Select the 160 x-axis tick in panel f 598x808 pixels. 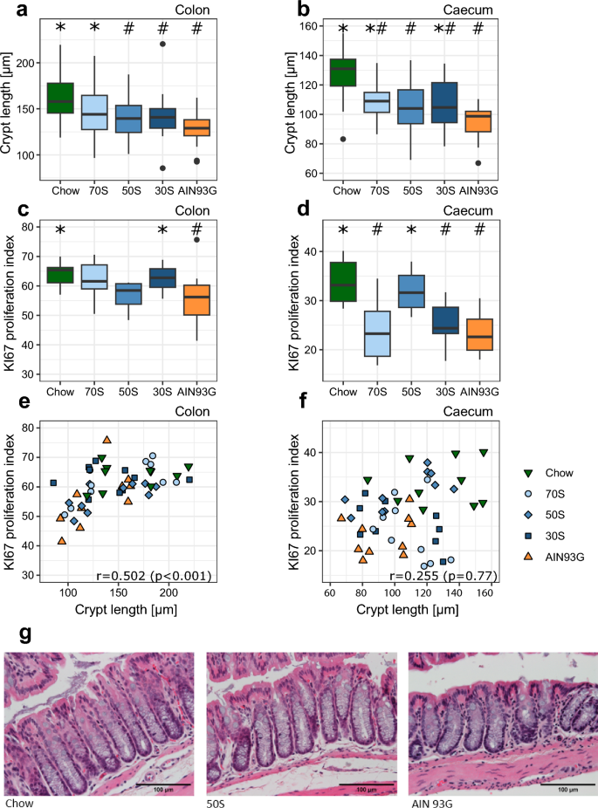(484, 595)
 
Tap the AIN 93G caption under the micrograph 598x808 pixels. (430, 801)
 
